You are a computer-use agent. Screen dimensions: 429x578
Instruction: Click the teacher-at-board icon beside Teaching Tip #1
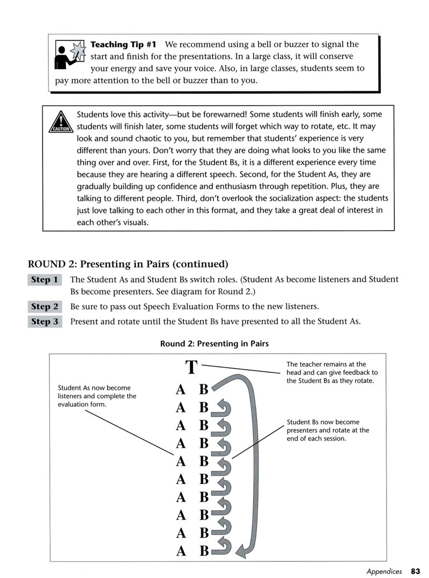[x=70, y=55]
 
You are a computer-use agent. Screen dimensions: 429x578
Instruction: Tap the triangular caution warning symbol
[x=61, y=122]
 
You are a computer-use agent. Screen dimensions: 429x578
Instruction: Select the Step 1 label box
[x=45, y=280]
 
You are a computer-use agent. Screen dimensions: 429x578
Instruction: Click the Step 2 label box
[x=45, y=306]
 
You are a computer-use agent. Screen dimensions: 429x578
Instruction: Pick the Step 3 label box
[x=45, y=322]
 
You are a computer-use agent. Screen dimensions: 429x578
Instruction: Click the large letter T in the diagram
[x=191, y=367]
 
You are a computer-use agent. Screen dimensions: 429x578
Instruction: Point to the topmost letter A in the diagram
[x=180, y=389]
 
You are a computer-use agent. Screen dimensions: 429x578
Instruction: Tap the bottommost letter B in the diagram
[x=204, y=551]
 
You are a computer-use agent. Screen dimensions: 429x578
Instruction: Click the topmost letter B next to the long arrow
[x=204, y=389]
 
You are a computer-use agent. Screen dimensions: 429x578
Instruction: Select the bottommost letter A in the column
[x=180, y=551]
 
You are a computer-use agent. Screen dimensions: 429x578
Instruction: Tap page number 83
[x=416, y=571]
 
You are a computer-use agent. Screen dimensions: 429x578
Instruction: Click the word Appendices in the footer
[x=384, y=572]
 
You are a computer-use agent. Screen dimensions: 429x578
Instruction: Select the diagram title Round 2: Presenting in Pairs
[x=214, y=343]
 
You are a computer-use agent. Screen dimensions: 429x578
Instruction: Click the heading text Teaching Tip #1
[x=123, y=45]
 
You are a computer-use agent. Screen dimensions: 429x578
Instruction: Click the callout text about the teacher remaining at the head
[x=332, y=372]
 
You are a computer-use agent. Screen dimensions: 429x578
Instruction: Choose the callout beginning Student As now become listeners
[x=97, y=396]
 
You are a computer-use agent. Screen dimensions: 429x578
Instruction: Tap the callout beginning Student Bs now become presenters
[x=328, y=430]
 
